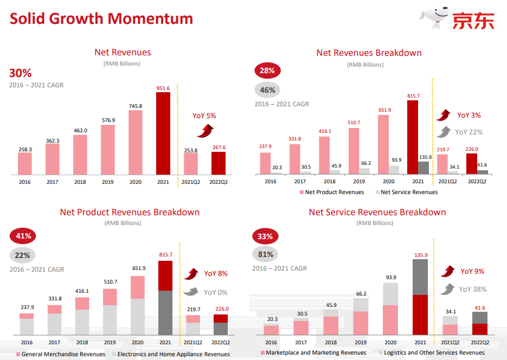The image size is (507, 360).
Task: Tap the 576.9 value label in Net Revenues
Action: (x=108, y=120)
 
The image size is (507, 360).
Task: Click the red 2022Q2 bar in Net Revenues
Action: (x=219, y=163)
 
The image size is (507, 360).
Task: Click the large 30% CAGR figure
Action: (x=20, y=73)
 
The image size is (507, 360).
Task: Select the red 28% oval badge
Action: (x=267, y=70)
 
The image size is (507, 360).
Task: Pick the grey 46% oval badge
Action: (x=267, y=90)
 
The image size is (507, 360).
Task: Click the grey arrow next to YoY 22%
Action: (x=444, y=132)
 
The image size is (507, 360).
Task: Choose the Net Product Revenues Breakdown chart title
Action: (x=130, y=212)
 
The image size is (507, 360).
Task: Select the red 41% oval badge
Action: (x=23, y=236)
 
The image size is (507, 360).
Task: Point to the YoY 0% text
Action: (x=215, y=292)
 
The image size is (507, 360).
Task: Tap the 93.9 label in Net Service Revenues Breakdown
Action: (x=390, y=278)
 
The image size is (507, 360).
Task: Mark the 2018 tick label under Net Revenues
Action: (x=80, y=182)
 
